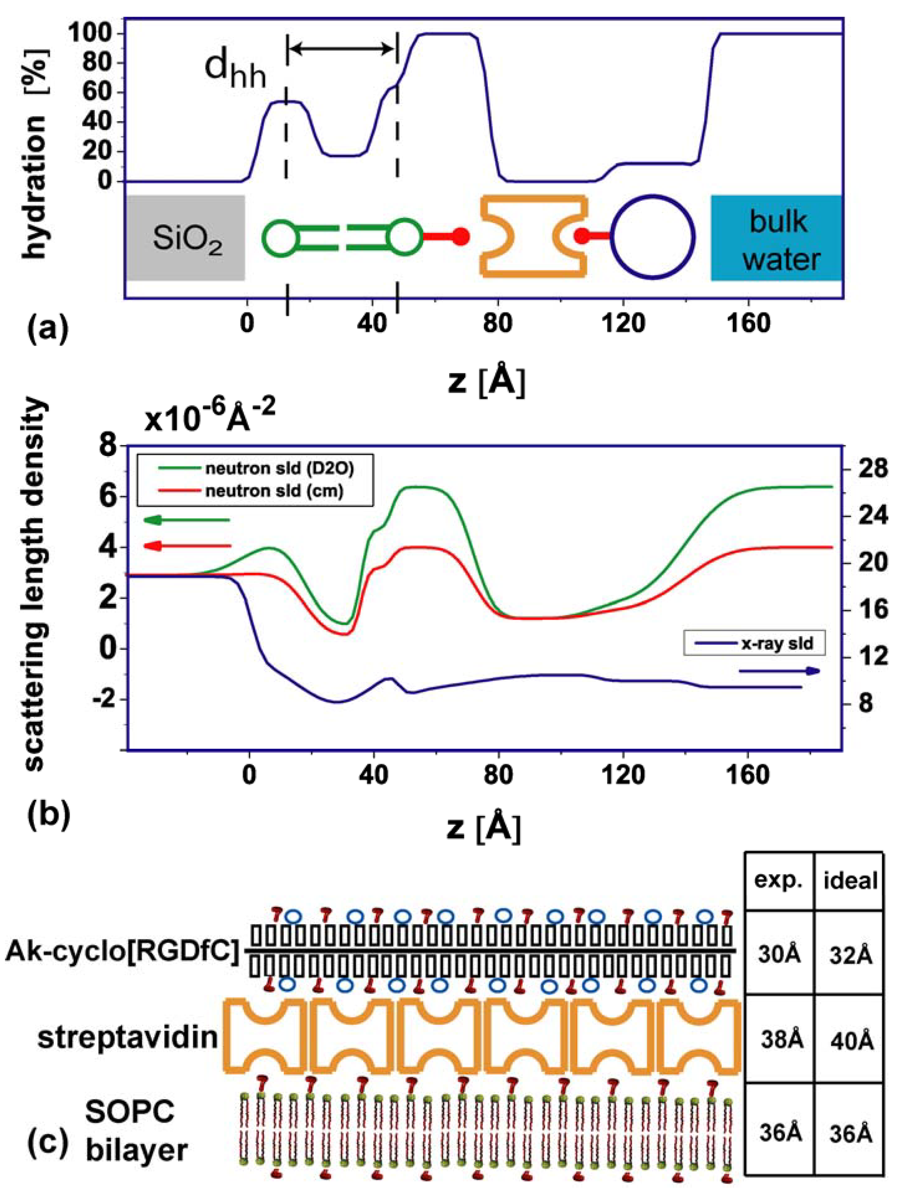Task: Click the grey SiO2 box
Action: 187,238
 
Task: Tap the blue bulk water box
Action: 776,238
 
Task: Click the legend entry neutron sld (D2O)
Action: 279,468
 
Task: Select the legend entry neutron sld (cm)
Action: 273,491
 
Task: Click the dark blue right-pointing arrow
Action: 779,671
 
